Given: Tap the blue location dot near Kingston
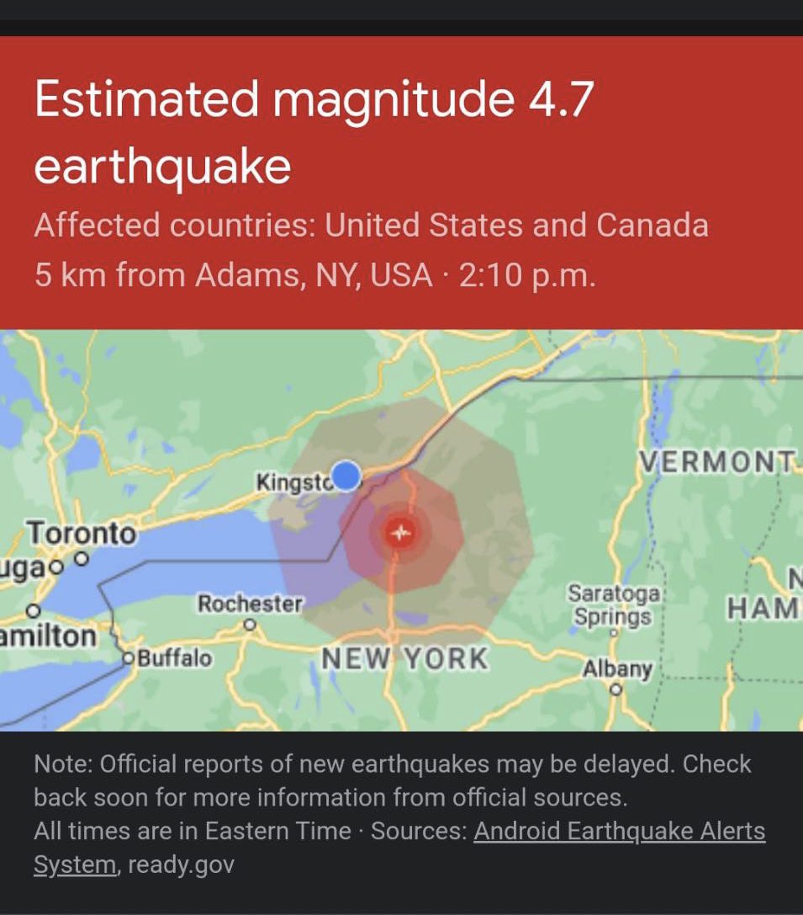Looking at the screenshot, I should tap(346, 476).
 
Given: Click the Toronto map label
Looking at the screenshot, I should tap(81, 533).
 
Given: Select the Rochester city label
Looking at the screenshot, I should tap(250, 604).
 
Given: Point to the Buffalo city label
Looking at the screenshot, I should tap(174, 657).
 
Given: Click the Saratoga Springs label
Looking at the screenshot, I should tap(613, 605).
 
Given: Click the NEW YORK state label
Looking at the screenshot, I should tap(404, 658).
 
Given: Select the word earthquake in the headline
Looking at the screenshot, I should tap(162, 166).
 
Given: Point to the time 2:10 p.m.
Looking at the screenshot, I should tap(527, 275).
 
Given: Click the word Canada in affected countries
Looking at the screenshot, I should tap(652, 226).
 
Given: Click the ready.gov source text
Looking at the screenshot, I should tap(180, 864).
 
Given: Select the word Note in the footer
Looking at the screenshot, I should tap(61, 764).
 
